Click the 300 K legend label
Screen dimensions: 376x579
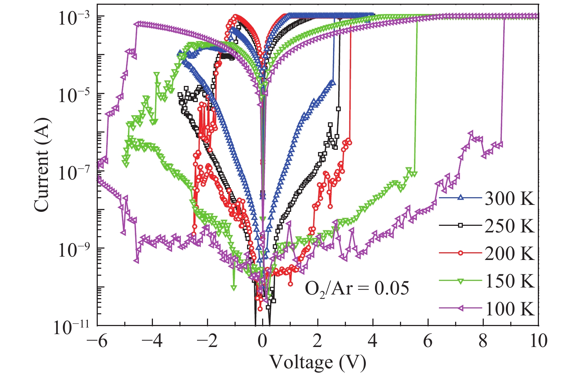tap(509, 199)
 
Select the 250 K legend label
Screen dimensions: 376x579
tap(509, 226)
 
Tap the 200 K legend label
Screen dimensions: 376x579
tap(509, 254)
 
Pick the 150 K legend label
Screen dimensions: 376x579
tap(509, 281)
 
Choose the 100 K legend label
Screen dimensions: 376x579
tap(509, 309)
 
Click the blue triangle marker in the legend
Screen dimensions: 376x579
tap(460, 198)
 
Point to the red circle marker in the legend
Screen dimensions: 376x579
tap(460, 253)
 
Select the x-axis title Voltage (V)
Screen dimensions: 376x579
tap(318, 363)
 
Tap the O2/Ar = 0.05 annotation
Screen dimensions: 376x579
tap(357, 289)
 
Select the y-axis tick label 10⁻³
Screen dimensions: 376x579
tap(74, 17)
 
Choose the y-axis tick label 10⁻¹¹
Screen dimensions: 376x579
tap(72, 327)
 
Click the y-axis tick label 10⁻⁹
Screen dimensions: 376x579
tap(74, 249)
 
